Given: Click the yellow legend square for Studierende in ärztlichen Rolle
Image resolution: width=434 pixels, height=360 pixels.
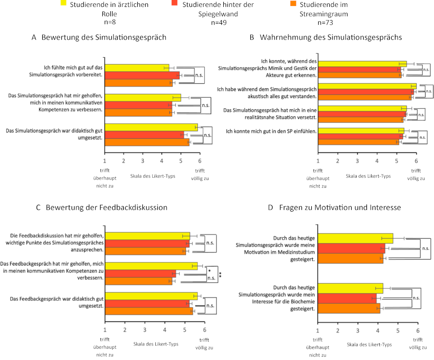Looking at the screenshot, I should coord(64,4).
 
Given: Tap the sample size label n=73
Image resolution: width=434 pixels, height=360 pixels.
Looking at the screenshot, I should coord(325,22).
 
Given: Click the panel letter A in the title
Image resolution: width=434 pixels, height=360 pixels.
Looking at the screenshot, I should coord(34,37).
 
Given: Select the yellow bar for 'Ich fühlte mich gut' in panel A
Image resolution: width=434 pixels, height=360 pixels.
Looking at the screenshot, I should coord(137,68).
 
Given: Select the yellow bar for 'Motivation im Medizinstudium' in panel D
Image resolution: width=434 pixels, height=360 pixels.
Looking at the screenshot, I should coord(355,238).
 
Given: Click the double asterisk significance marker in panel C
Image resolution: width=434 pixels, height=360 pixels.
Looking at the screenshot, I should coord(220,275).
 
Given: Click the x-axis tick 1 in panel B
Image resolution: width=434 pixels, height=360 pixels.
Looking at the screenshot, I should coord(318,161).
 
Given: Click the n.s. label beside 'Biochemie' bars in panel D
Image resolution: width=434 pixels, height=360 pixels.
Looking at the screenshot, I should coord(416,297).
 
